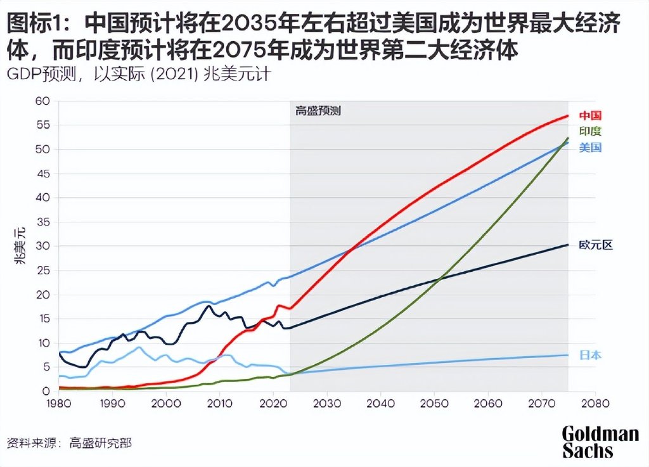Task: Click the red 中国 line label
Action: coord(589,116)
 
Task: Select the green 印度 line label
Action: coord(589,132)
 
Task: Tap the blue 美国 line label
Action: coord(589,148)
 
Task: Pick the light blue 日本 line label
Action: coord(589,355)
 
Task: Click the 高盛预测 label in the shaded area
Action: coord(318,111)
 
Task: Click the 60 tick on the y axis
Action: coord(42,101)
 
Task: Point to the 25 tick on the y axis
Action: coord(42,271)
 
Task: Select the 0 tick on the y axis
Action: coord(45,392)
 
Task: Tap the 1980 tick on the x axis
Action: coord(58,403)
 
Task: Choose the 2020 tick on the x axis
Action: coord(273,403)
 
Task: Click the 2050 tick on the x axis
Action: coord(434,403)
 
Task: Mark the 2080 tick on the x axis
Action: coord(594,403)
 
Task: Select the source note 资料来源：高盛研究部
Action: coord(69,443)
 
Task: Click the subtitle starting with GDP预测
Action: coord(139,74)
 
